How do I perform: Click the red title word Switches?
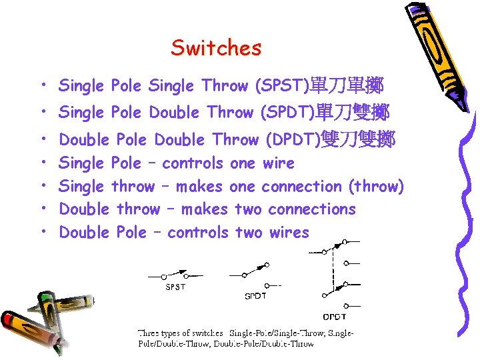(216, 48)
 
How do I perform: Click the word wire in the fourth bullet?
(278, 163)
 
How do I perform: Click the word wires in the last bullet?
(289, 233)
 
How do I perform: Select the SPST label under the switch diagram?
(175, 288)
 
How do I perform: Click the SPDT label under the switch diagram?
(255, 296)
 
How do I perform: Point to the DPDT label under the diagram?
(335, 317)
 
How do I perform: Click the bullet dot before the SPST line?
(43, 86)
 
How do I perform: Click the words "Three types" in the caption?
(159, 333)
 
